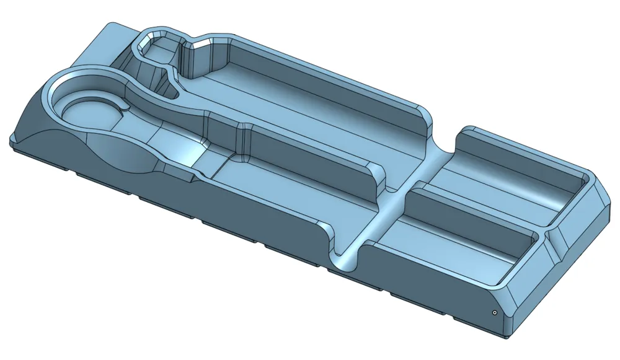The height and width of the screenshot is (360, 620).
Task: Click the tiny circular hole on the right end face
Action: (494, 313)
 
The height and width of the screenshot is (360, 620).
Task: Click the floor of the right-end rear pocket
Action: (508, 180)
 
